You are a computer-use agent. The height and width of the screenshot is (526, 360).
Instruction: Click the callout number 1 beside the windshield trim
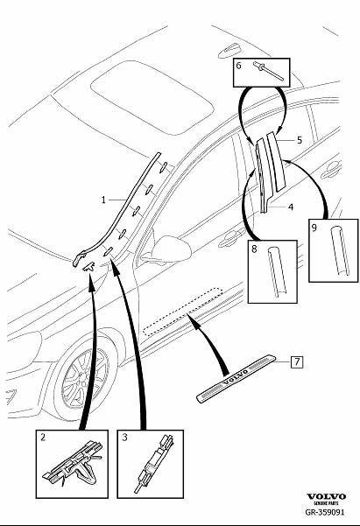[103, 200]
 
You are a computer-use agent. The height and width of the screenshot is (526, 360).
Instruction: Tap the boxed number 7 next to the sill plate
[297, 362]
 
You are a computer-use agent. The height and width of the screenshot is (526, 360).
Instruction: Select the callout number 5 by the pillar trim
[300, 140]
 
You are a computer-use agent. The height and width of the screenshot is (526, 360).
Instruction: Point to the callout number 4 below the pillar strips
[291, 207]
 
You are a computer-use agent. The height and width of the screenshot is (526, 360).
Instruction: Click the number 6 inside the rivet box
[238, 65]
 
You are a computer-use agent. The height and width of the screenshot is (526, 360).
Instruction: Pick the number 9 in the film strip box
[314, 228]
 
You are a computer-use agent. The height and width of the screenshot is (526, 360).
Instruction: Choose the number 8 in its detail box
[254, 249]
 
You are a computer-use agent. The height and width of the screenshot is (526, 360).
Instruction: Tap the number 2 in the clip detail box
[43, 437]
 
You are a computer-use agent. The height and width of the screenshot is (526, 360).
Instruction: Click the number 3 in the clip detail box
[124, 437]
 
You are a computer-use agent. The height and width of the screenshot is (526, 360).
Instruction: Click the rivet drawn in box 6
[268, 71]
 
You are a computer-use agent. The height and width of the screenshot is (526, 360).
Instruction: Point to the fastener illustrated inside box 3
[153, 463]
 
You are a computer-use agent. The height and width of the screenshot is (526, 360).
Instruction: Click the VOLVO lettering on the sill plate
[235, 376]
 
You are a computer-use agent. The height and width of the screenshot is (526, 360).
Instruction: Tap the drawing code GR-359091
[324, 512]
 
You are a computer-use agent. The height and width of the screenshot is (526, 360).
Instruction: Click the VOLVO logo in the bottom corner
[326, 496]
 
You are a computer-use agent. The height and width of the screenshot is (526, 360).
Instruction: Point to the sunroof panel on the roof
[152, 97]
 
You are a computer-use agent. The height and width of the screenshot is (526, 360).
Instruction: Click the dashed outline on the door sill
[183, 312]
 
